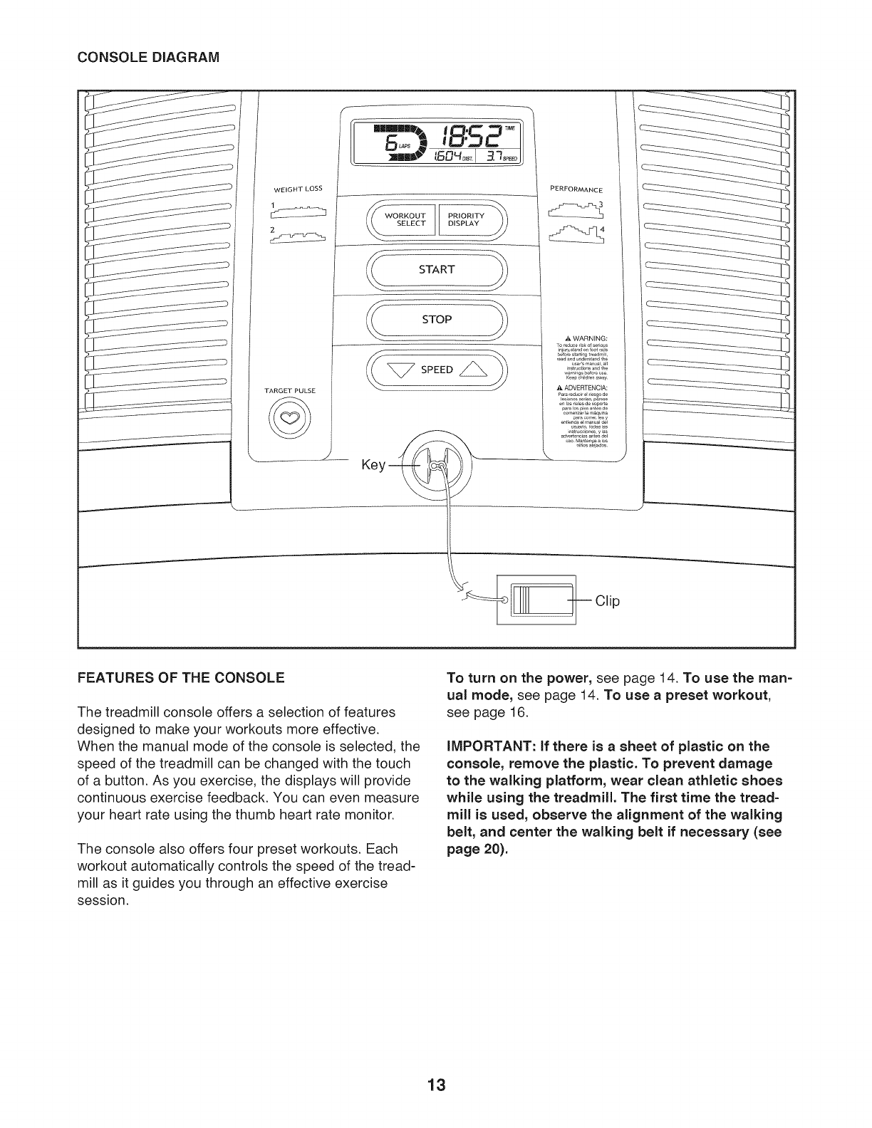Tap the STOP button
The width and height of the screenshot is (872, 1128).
coord(436,320)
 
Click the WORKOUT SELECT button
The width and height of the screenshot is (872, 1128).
coord(404,219)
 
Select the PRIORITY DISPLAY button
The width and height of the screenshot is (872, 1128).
coord(467,219)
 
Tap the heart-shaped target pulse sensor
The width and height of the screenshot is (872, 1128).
coord(291,419)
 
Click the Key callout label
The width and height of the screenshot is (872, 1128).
coord(373,466)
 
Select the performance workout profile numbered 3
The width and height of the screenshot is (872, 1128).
coord(577,209)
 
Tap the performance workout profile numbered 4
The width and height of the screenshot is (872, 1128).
coord(577,233)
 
